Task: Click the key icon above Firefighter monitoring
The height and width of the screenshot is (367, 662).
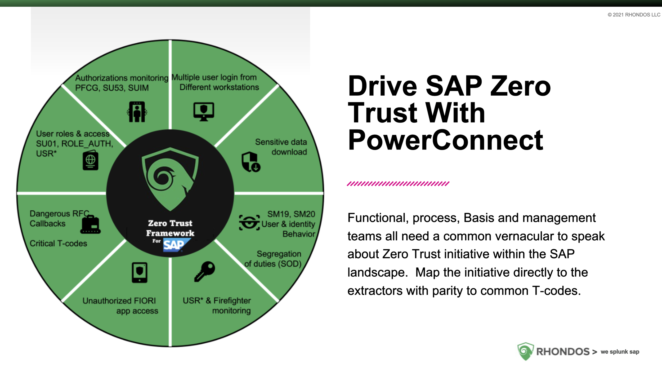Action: (x=204, y=272)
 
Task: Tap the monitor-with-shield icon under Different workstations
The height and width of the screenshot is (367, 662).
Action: (x=203, y=112)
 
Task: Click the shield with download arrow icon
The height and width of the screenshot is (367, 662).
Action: (x=251, y=162)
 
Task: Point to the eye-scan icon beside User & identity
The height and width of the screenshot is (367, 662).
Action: (x=249, y=223)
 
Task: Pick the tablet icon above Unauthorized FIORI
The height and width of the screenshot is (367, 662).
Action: (x=140, y=273)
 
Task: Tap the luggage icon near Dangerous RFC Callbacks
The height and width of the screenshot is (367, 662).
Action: (x=91, y=225)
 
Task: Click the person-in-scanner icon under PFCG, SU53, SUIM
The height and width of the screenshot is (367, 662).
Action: (x=137, y=112)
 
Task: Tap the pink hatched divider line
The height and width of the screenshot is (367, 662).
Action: (x=398, y=184)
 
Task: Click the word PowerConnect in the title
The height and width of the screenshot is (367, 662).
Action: (x=445, y=140)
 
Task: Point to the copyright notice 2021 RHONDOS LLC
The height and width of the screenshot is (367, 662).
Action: (x=634, y=15)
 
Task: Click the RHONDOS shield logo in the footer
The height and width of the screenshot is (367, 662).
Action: (x=525, y=351)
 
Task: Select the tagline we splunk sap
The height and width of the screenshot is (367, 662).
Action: (x=620, y=352)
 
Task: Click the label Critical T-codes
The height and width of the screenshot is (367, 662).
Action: (x=58, y=243)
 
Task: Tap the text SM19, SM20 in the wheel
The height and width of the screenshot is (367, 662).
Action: (x=291, y=214)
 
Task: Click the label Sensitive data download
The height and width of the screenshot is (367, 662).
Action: (x=281, y=147)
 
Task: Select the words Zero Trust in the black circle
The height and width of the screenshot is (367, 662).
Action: (x=170, y=223)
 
